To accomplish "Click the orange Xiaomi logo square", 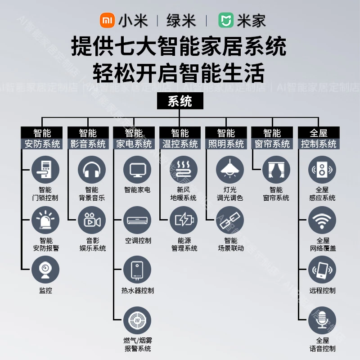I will [x=107, y=21].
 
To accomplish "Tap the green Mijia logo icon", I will [x=226, y=21].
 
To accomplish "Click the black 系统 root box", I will [x=180, y=101].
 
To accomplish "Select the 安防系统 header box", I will [x=42, y=144].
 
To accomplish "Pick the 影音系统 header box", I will [x=88, y=144].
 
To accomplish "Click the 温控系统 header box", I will [x=180, y=144].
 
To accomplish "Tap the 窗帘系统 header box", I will [x=272, y=144].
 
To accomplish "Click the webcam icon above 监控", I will [x=45, y=270].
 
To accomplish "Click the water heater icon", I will [x=137, y=270].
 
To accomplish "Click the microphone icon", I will [x=322, y=320].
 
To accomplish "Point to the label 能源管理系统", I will [x=184, y=244].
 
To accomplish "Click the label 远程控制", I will [x=322, y=290].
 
